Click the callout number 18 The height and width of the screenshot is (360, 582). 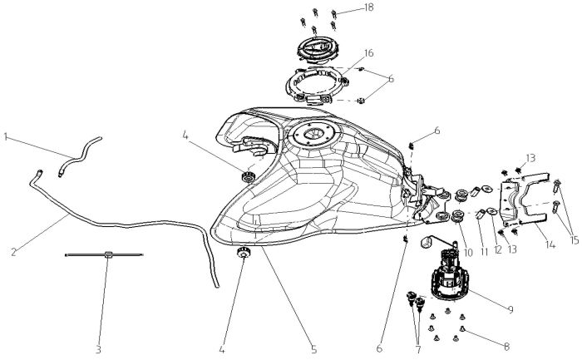(x=368, y=7)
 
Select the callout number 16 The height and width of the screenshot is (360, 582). (x=368, y=53)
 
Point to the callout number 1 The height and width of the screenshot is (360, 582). (x=6, y=137)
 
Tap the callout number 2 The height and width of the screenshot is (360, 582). (x=14, y=253)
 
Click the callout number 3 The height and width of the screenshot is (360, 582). (x=98, y=350)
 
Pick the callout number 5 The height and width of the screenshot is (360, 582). (x=314, y=350)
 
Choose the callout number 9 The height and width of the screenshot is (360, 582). (x=510, y=309)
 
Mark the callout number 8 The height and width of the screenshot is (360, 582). (x=506, y=347)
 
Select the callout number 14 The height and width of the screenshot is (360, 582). (x=550, y=245)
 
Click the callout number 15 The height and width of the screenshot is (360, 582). (x=575, y=240)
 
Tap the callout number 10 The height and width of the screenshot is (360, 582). (x=468, y=253)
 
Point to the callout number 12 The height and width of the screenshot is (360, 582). (x=498, y=249)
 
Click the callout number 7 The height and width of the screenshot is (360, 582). (x=418, y=350)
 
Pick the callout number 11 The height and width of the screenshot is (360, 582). (x=484, y=252)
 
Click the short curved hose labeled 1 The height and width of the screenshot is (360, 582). (x=80, y=155)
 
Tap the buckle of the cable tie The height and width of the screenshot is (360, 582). (x=108, y=254)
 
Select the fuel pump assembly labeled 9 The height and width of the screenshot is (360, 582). (x=449, y=275)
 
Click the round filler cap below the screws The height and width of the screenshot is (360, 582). (x=318, y=49)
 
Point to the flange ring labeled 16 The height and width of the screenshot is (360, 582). (x=317, y=85)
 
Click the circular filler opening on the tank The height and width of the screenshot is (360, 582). (x=315, y=134)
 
